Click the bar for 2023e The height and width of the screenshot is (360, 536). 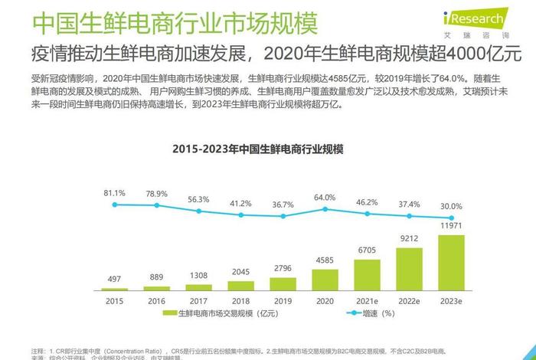pyautogui.click(x=450, y=262)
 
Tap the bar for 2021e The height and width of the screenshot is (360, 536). pyautogui.click(x=366, y=273)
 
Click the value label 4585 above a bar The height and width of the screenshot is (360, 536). pyautogui.click(x=325, y=261)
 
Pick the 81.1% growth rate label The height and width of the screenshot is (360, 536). pyautogui.click(x=115, y=193)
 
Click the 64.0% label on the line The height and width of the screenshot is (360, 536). pyautogui.click(x=325, y=198)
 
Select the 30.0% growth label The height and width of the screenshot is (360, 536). pyautogui.click(x=451, y=206)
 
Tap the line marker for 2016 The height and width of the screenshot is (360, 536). pyautogui.click(x=157, y=205)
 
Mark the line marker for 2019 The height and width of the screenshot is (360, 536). pyautogui.click(x=283, y=216)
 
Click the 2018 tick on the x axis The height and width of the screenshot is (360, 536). pyautogui.click(x=240, y=301)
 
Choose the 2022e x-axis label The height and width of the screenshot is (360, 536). pyautogui.click(x=409, y=301)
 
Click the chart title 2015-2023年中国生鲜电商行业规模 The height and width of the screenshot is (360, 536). pyautogui.click(x=257, y=149)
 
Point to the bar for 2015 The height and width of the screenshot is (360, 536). pyautogui.click(x=115, y=288)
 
